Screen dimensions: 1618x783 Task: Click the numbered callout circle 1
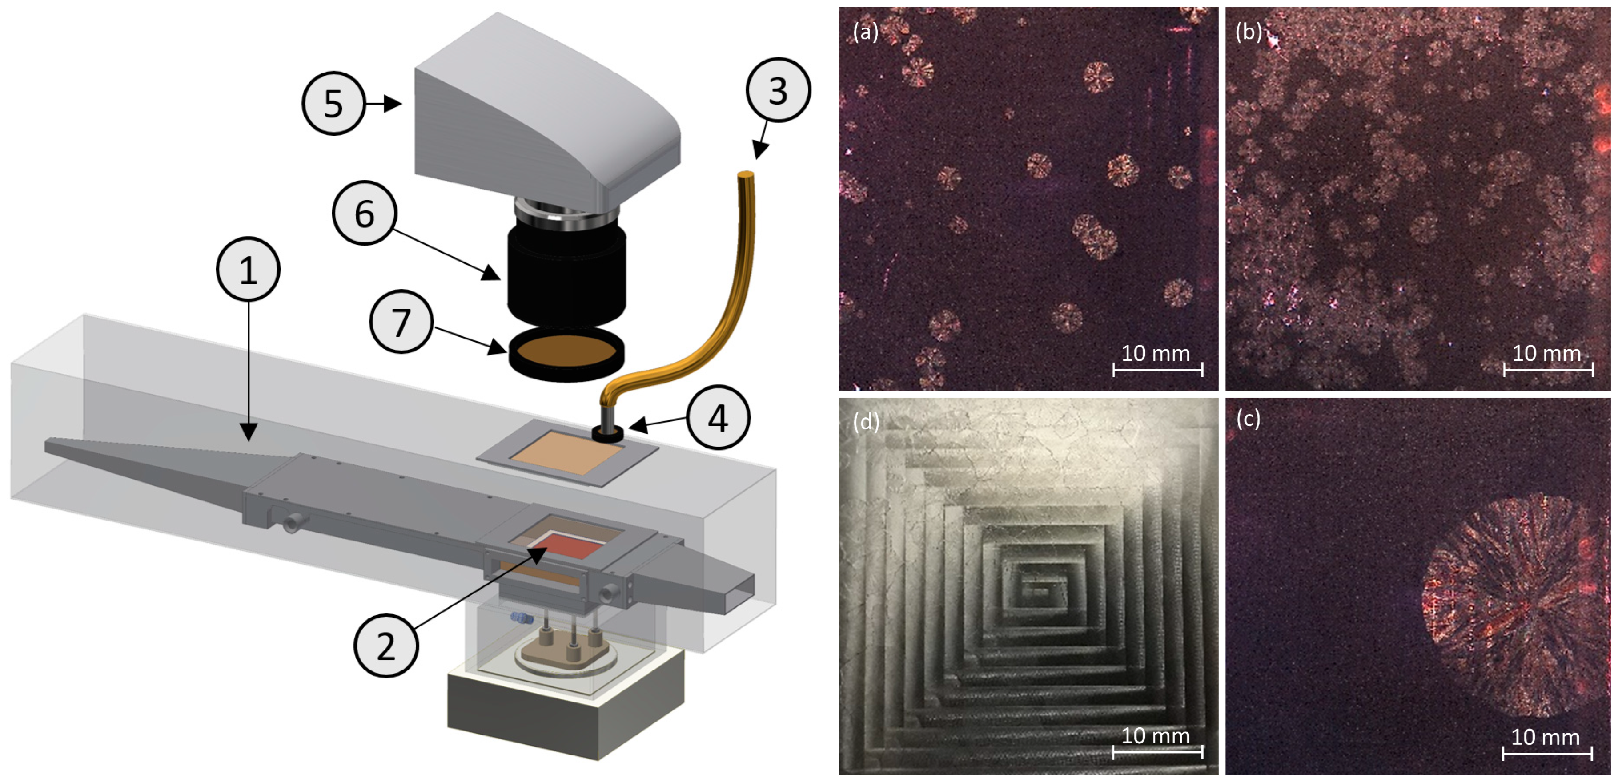[x=248, y=270]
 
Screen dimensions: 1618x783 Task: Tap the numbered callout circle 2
[x=385, y=646]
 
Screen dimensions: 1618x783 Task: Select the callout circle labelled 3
[x=778, y=90]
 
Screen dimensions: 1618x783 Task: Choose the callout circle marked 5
[x=333, y=103]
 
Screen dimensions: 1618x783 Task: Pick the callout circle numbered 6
[x=364, y=214]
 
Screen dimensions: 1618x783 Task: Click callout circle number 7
[x=401, y=322]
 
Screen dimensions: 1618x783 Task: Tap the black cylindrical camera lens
[x=566, y=273]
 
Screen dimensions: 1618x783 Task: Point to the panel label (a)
[x=866, y=32]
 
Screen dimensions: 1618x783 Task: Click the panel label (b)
[x=1248, y=32]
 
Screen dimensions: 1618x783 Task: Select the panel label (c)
[x=1248, y=419]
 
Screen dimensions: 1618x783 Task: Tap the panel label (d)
[x=866, y=422]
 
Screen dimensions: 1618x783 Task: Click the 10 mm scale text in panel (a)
[x=1156, y=353]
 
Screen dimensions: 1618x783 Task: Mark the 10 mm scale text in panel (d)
[x=1156, y=735]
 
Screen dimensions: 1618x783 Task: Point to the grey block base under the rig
[x=565, y=716]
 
